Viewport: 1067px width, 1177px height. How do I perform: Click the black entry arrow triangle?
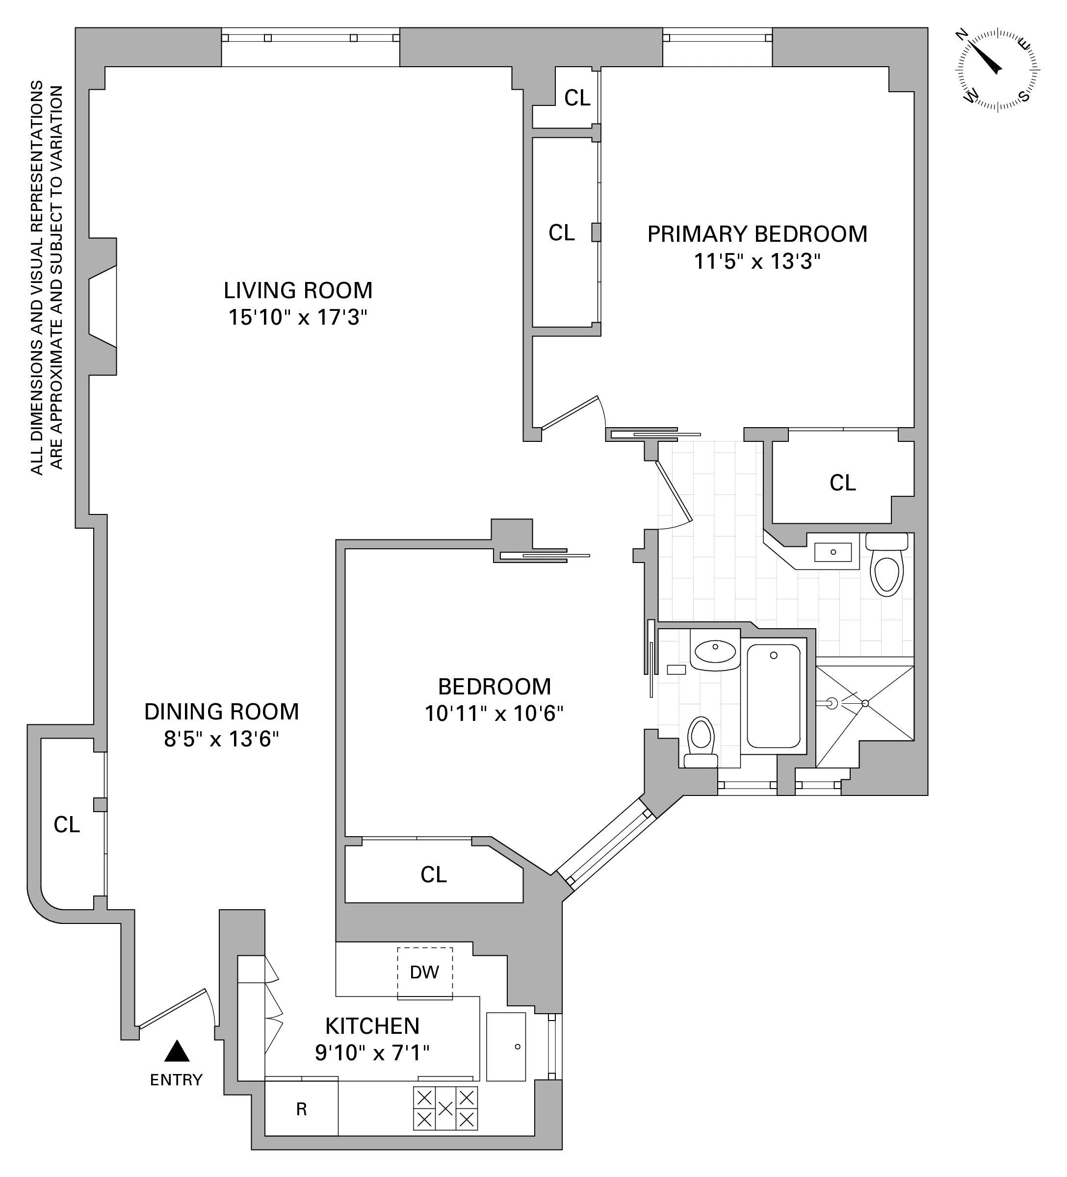point(177,1051)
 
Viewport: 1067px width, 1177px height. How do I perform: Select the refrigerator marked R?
point(301,1109)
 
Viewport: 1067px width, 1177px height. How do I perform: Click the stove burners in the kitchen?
point(445,1107)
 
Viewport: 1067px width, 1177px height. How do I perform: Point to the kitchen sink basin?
point(506,1046)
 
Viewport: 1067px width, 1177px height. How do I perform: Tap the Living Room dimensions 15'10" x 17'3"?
point(297,318)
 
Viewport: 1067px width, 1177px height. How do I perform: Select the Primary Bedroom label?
point(757,234)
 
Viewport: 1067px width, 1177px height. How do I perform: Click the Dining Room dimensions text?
point(221,739)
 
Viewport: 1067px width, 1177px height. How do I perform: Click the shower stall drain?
point(865,704)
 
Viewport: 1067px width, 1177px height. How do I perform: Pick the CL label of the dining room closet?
point(67,825)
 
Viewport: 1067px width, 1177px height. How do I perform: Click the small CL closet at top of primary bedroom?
point(577,98)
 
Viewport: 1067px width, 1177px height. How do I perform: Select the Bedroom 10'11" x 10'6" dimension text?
point(494,714)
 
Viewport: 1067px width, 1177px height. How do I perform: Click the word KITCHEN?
point(372,1026)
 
